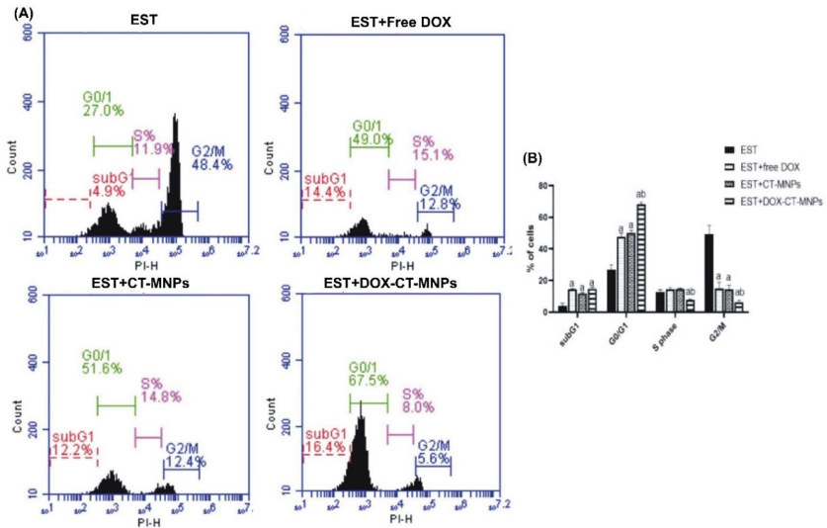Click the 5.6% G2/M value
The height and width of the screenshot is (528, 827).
click(x=435, y=458)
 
